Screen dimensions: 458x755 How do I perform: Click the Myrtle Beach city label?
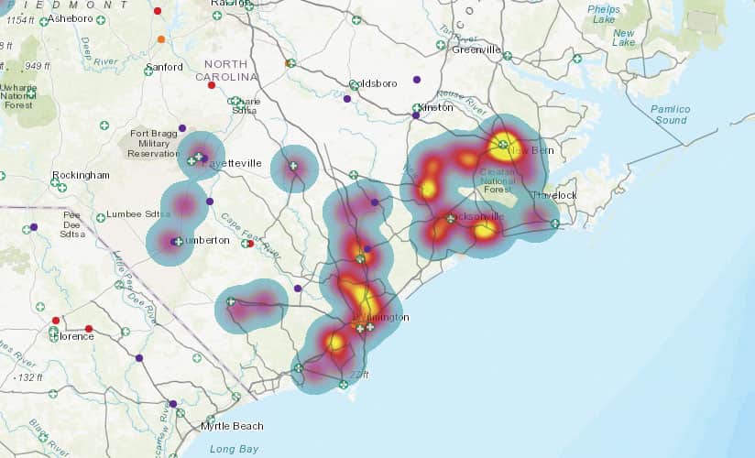[232, 426]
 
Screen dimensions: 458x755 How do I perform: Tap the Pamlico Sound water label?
[670, 114]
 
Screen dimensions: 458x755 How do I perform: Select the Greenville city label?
[476, 49]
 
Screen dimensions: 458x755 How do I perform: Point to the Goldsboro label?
[371, 83]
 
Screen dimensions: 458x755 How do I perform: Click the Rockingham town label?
[81, 175]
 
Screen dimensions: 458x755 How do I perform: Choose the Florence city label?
[72, 336]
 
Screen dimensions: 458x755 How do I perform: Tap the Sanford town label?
[164, 67]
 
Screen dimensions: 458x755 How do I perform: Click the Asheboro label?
[70, 17]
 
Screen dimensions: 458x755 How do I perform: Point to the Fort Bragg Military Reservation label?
[155, 144]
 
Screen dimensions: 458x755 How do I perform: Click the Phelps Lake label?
[604, 14]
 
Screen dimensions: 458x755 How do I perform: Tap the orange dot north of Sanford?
[161, 39]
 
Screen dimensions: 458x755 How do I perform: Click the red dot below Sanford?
[212, 85]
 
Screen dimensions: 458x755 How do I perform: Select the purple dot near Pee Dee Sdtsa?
[34, 227]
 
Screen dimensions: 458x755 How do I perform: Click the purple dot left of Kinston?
[416, 115]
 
